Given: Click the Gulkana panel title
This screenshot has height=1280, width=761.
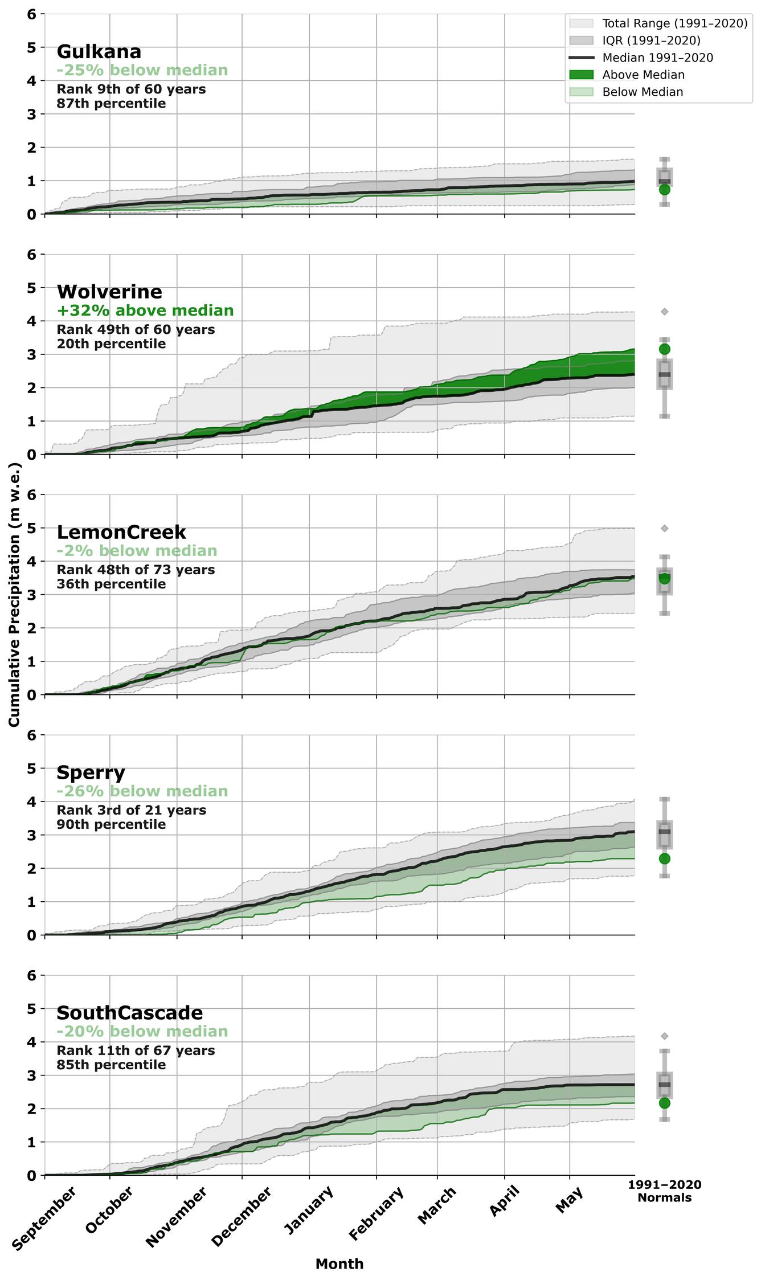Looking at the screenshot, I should click(99, 52).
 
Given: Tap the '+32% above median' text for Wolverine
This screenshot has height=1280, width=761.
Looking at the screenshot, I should click(145, 310).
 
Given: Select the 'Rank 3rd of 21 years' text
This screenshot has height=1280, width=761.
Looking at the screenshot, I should click(131, 810).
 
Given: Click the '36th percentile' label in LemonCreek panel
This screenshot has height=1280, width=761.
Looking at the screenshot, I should click(111, 584).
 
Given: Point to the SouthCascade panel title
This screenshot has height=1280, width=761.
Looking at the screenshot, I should click(129, 1013).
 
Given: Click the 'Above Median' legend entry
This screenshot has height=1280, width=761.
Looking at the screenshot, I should click(643, 75).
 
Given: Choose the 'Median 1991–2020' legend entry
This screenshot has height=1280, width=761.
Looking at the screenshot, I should click(657, 58).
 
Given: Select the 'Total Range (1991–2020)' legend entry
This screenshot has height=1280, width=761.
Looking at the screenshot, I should click(674, 23).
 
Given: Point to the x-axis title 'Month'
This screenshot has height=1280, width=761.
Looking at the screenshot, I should click(339, 1264).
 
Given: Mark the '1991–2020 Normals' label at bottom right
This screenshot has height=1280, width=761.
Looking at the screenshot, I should click(664, 1191).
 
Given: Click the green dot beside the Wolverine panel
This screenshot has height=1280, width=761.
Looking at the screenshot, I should click(664, 349).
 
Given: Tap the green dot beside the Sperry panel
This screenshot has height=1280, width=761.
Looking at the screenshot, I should click(664, 858).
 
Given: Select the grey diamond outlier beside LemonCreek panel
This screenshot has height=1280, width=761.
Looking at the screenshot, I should click(664, 529).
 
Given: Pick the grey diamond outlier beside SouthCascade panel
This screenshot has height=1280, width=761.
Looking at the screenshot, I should click(664, 1036).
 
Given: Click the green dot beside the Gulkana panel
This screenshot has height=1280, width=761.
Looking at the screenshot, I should click(664, 190).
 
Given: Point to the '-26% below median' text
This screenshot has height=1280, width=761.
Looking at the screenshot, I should click(142, 791).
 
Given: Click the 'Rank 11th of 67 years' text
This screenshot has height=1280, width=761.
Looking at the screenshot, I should click(136, 1050).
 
